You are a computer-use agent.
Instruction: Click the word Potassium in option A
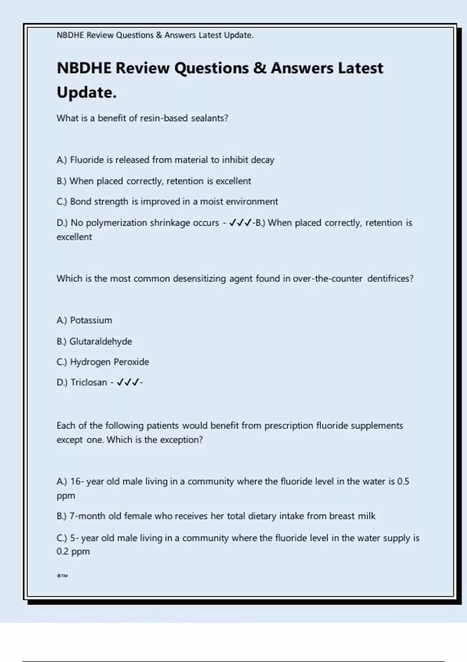[91, 320]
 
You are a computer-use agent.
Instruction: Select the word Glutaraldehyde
[100, 342]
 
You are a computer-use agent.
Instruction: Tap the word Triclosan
[89, 382]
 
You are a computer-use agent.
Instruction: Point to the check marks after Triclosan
[128, 382]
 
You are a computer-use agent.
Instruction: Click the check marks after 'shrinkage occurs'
[240, 223]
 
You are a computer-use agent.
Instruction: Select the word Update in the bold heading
[86, 93]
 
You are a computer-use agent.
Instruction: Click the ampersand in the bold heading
[260, 68]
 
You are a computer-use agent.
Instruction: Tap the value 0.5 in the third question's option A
[403, 482]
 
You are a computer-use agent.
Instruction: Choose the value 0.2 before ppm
[62, 551]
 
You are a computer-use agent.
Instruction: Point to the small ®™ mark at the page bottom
[62, 576]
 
